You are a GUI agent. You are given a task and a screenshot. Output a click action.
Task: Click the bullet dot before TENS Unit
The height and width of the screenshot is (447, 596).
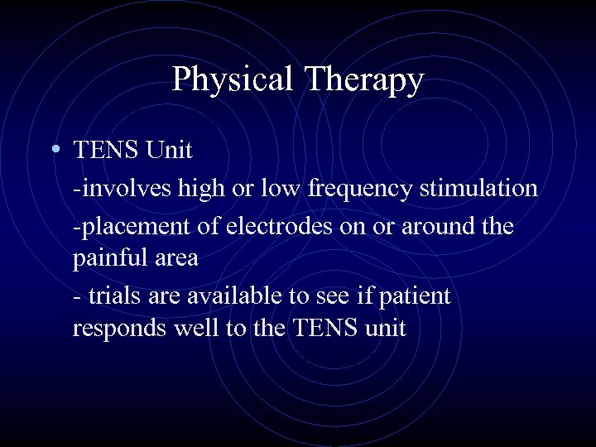[54, 150]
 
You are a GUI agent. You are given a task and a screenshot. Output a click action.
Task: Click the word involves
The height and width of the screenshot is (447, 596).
[115, 188]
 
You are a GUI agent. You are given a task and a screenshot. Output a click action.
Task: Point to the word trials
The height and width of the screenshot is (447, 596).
[112, 295]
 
